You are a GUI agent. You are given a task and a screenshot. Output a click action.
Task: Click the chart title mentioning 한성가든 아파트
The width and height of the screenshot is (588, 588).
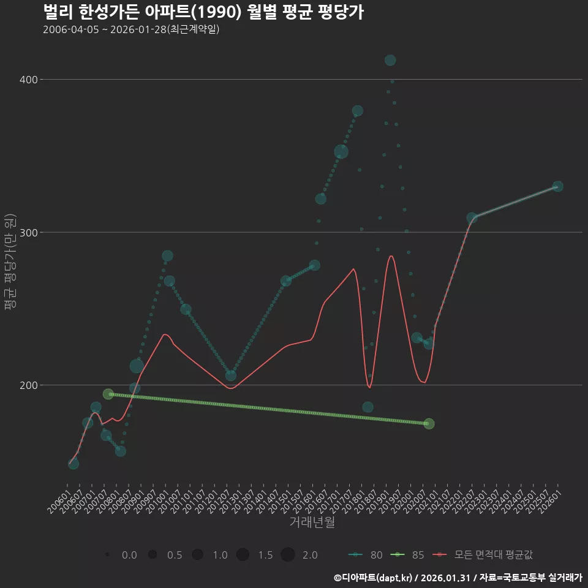203,12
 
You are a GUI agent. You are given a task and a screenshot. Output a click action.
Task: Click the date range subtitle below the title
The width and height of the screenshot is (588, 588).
131,30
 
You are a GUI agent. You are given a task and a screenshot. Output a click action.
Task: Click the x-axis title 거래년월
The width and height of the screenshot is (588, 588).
312,522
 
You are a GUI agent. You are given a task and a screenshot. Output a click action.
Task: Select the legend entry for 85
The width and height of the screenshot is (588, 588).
409,555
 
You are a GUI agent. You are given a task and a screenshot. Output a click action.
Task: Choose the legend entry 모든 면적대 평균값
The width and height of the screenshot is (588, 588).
484,555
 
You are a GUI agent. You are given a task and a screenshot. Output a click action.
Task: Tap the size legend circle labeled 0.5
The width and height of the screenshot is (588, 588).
153,555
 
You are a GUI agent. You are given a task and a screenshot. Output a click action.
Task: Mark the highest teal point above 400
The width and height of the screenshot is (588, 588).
390,60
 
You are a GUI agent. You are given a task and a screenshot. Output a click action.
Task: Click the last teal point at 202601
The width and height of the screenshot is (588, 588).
557,186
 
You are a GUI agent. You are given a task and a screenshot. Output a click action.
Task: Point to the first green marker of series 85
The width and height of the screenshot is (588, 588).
108,394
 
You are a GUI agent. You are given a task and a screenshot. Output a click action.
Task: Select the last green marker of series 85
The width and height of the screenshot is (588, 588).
429,424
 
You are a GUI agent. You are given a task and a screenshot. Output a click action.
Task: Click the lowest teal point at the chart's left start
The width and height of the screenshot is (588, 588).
73,464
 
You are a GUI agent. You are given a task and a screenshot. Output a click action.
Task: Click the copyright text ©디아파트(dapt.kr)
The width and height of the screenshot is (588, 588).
374,578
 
